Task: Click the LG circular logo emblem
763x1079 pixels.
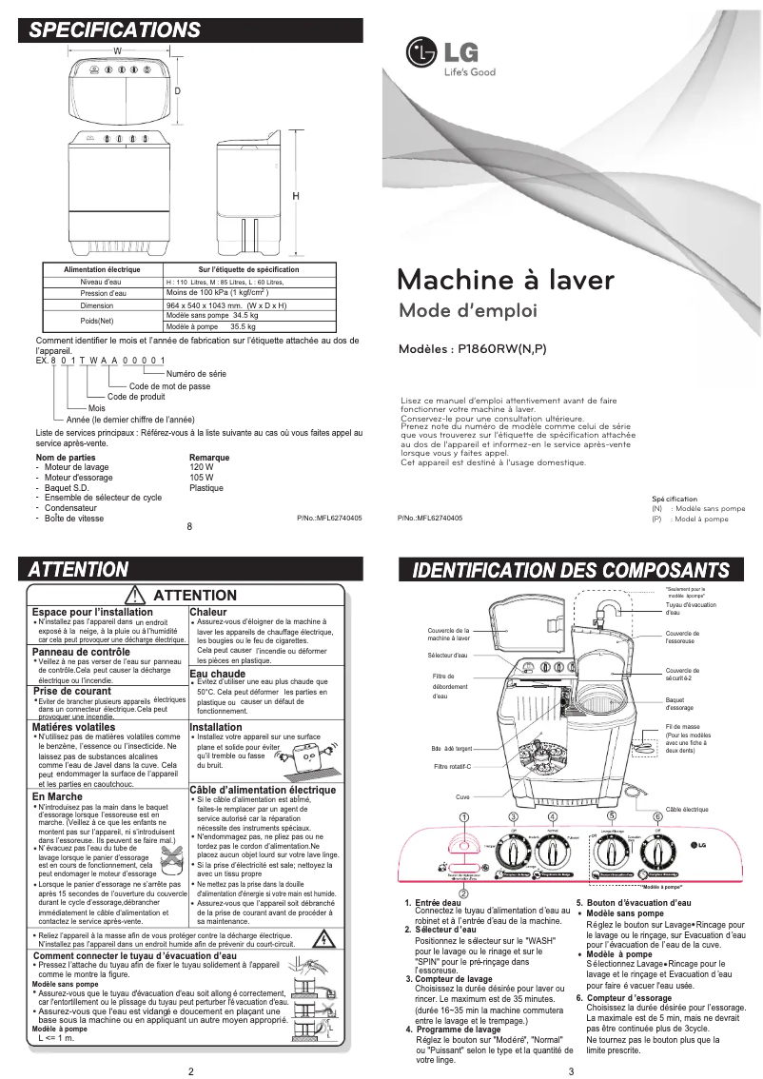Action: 420,52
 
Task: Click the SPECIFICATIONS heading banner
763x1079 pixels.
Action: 113,29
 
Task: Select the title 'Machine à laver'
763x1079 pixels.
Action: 505,280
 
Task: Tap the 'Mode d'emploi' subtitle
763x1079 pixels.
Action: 467,311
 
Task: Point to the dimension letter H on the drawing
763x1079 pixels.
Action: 296,195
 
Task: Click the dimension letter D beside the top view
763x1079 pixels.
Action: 178,90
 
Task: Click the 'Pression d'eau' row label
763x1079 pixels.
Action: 100,294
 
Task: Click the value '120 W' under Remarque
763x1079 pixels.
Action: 202,467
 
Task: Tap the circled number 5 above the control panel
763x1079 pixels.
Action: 612,815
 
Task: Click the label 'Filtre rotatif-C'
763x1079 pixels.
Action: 453,766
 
